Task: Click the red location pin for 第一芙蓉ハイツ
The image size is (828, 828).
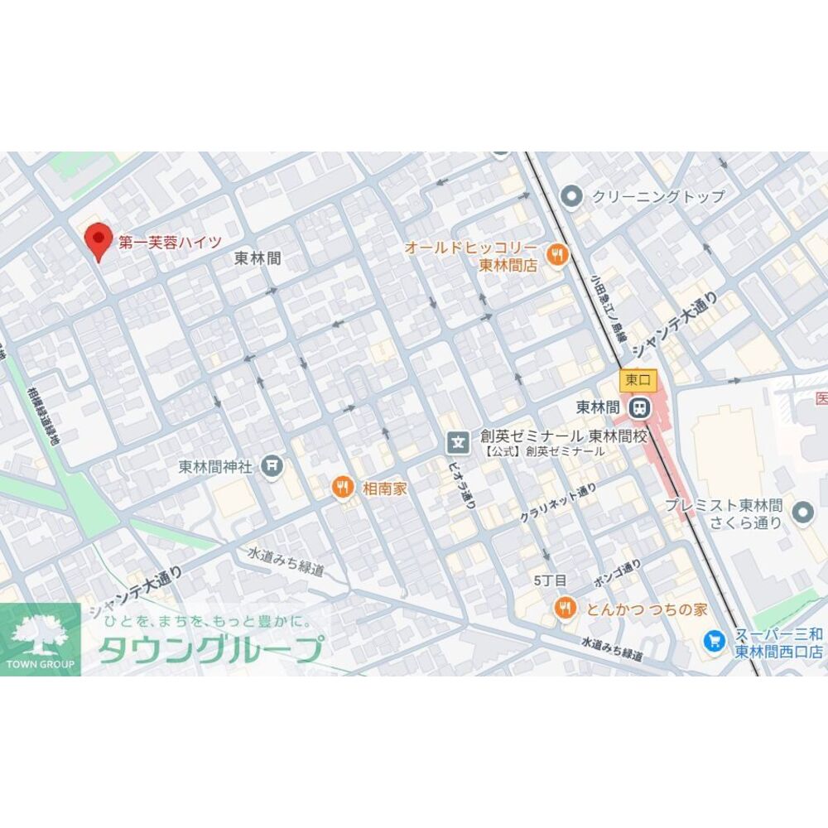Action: click(x=99, y=241)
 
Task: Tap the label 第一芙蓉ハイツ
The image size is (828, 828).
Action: click(x=170, y=243)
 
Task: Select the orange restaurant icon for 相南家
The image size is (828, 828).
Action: click(x=342, y=488)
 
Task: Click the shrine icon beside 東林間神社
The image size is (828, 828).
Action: click(x=271, y=467)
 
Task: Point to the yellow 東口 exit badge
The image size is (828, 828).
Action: click(x=638, y=381)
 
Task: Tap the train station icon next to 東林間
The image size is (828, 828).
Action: click(x=638, y=407)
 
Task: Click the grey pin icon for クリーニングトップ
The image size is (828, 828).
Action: click(x=570, y=196)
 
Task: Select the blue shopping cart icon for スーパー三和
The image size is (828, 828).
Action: click(x=714, y=640)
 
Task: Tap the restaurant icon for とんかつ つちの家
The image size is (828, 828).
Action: click(x=565, y=609)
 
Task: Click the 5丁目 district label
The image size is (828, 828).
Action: click(x=550, y=580)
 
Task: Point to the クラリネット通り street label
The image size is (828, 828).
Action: click(x=557, y=503)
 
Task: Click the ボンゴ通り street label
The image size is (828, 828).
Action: click(x=617, y=572)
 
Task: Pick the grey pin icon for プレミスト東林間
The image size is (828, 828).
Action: click(x=802, y=513)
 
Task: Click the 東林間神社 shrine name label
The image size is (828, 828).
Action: click(x=215, y=467)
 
